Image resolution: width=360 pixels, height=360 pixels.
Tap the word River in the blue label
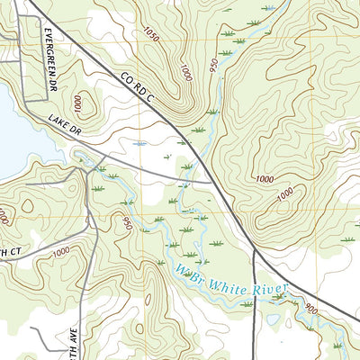point(271,291)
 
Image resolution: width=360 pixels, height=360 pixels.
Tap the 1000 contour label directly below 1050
point(186,72)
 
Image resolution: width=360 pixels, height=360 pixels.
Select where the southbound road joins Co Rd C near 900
point(255,250)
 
